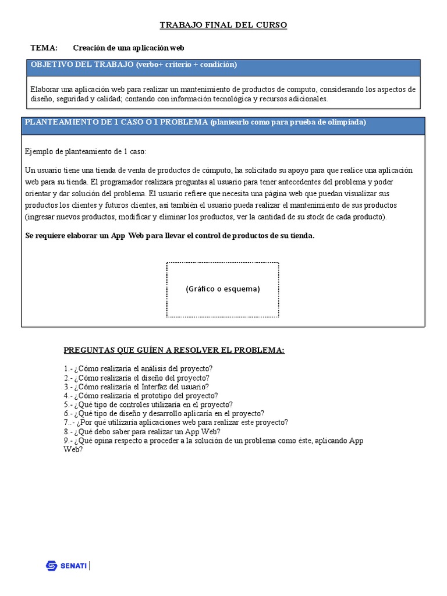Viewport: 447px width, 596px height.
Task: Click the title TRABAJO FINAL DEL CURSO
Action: (223, 25)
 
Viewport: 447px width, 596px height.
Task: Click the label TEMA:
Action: (44, 48)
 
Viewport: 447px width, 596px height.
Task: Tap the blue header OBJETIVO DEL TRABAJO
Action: (134, 65)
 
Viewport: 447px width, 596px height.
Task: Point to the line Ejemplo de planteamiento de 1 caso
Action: (86, 151)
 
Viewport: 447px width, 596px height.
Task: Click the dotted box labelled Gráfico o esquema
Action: (223, 289)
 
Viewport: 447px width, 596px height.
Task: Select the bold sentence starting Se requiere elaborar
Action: (170, 236)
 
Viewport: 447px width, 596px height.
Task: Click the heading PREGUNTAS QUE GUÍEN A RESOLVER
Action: (174, 350)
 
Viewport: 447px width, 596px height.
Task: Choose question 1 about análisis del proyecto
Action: (139, 368)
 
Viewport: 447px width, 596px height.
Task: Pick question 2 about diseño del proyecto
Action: (137, 378)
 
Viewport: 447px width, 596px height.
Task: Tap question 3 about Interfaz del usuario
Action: (136, 386)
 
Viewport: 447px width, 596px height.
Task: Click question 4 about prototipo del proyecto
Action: (141, 396)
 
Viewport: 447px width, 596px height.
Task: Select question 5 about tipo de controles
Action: (148, 405)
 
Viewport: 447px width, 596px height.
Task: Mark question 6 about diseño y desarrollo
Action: (164, 413)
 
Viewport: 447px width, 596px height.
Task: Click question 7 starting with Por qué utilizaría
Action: (176, 422)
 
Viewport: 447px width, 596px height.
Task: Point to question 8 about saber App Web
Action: (142, 431)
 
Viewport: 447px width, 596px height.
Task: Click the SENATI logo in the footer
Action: (67, 565)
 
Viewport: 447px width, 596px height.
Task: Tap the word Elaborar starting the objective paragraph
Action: (44, 90)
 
